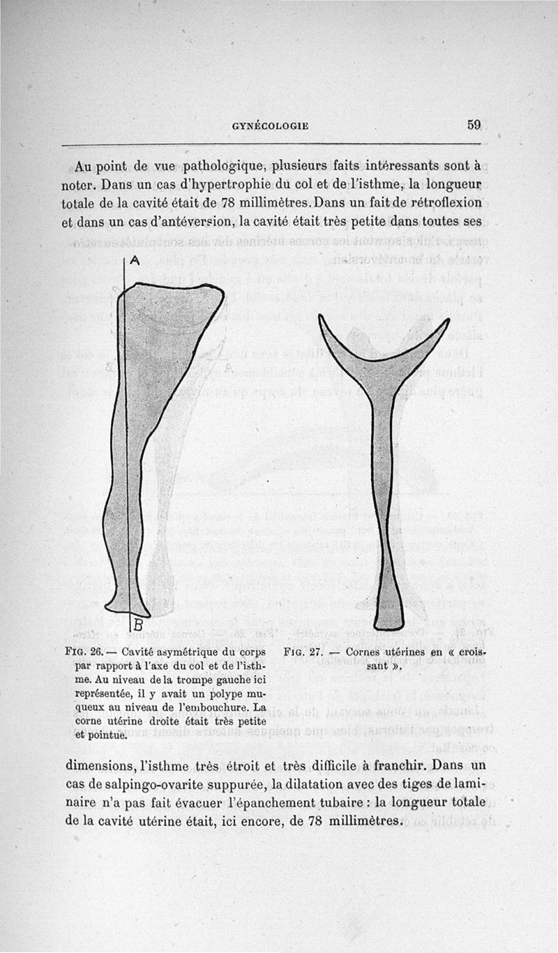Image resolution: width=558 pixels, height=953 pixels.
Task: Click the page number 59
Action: (x=474, y=125)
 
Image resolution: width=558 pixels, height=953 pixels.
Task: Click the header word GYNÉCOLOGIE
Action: (x=270, y=127)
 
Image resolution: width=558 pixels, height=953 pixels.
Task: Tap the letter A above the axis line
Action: (x=135, y=260)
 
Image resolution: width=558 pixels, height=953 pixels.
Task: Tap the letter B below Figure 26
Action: (x=137, y=623)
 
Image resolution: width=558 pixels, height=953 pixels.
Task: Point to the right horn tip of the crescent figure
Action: (x=446, y=321)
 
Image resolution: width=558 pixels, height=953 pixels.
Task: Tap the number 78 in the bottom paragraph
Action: (x=319, y=820)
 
